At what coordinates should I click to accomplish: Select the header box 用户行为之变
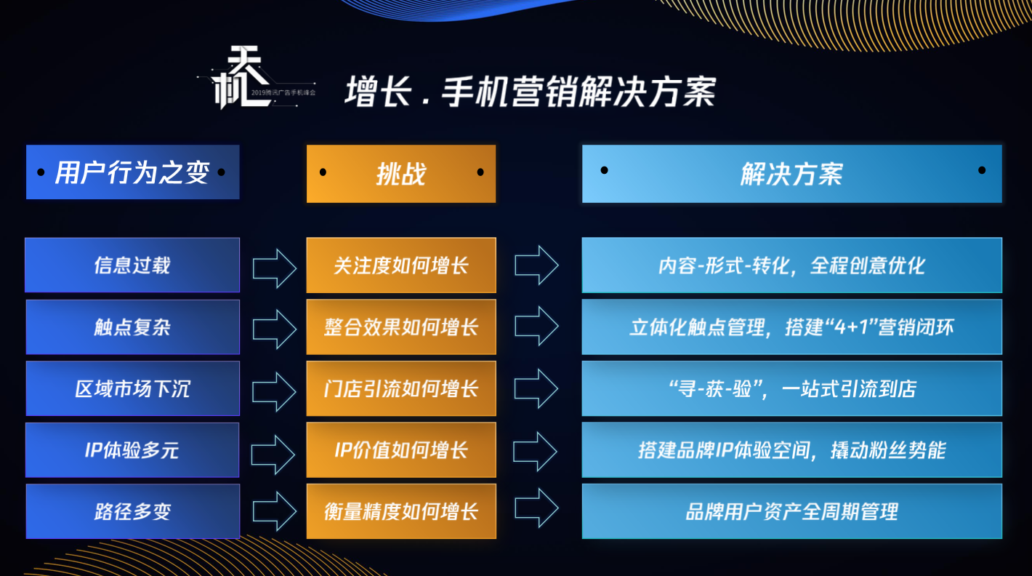[x=132, y=172]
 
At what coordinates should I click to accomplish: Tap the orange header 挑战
[x=400, y=173]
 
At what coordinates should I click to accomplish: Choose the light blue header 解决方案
[x=791, y=173]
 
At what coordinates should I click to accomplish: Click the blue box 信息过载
[x=132, y=265]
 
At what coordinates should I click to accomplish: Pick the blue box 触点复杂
[x=132, y=327]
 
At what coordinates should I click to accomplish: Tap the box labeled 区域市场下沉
[x=132, y=388]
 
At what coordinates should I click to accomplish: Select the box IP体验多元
[x=132, y=450]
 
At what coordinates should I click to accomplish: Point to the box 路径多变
[x=132, y=511]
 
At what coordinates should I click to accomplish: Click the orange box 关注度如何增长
[x=400, y=265]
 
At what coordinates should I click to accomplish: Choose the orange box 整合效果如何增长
[x=400, y=327]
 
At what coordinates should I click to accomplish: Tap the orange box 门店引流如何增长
[x=400, y=388]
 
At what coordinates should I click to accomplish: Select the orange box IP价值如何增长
[x=400, y=450]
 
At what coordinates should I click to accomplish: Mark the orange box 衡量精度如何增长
[x=400, y=511]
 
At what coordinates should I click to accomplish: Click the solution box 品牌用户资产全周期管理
[x=791, y=511]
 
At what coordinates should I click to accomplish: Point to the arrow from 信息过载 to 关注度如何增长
[x=274, y=268]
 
